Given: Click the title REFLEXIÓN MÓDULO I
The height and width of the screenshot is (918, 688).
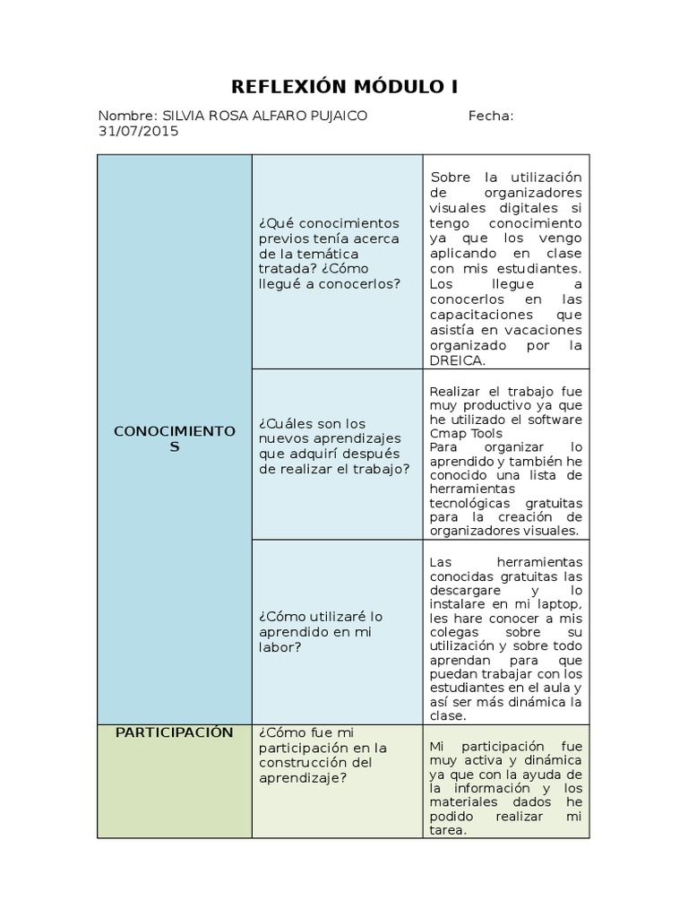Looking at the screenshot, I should (344, 86).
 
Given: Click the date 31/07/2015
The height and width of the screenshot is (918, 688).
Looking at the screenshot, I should (139, 131).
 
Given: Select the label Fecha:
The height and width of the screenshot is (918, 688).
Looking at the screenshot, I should (490, 116).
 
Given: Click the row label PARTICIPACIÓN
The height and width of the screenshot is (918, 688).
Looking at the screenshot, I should (174, 732).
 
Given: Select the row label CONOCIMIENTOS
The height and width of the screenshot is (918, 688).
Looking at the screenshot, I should (174, 438).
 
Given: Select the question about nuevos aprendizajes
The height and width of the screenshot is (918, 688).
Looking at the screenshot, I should (334, 446).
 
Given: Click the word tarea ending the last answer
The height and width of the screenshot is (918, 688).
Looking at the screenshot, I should (447, 831).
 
